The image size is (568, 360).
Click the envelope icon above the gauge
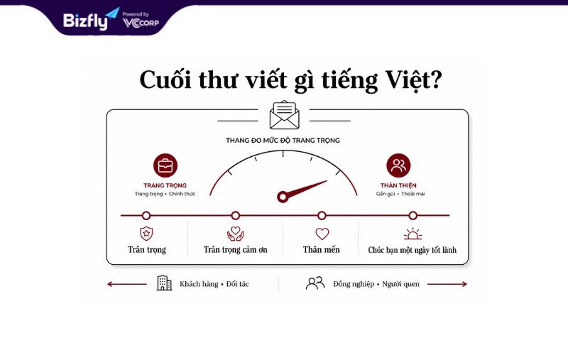click(x=285, y=115)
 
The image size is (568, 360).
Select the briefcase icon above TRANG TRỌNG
click(x=165, y=165)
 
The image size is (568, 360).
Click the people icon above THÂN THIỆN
click(x=398, y=165)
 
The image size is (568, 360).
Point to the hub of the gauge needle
click(x=282, y=197)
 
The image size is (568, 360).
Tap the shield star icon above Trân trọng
click(x=146, y=234)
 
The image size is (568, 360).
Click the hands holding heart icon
click(x=236, y=234)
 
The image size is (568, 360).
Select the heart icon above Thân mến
click(x=322, y=234)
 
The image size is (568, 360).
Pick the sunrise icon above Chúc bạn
click(x=413, y=234)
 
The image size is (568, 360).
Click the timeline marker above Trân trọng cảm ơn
click(x=236, y=215)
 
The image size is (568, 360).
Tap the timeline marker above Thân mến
click(x=322, y=215)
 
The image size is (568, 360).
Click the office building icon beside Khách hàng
click(x=165, y=283)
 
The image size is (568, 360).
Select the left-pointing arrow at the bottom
click(x=127, y=284)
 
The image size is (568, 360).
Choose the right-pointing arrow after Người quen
click(x=447, y=284)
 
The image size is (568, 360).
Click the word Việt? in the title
click(x=413, y=80)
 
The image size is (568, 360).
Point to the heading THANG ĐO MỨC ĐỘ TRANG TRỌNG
click(x=283, y=141)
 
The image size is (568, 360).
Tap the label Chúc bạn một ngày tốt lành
click(x=413, y=250)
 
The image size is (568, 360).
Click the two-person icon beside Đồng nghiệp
click(x=315, y=283)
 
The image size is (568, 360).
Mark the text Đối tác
click(x=238, y=284)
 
